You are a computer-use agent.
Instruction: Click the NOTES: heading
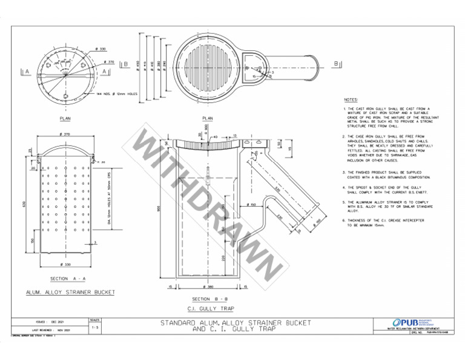[x=351, y=99]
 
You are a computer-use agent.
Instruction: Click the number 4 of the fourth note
[x=343, y=187]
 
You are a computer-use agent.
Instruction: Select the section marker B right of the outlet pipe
[x=336, y=63]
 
